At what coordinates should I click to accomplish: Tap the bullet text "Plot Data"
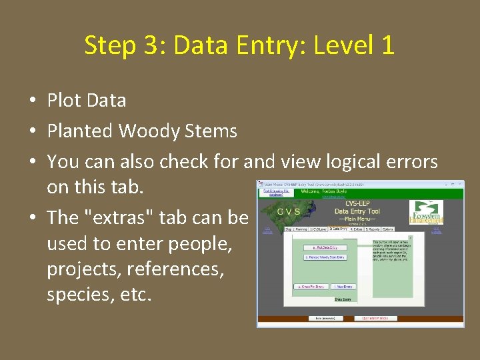click(x=86, y=101)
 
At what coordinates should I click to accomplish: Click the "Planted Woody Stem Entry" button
click(x=324, y=257)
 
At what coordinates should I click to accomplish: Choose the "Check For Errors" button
click(x=311, y=287)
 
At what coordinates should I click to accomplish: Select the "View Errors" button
click(x=344, y=287)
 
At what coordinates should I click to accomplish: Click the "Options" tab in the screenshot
click(x=387, y=229)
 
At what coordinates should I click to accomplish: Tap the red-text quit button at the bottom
click(x=375, y=319)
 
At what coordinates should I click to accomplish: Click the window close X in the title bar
click(x=459, y=184)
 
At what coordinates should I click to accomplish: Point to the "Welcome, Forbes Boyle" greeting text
click(x=324, y=192)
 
